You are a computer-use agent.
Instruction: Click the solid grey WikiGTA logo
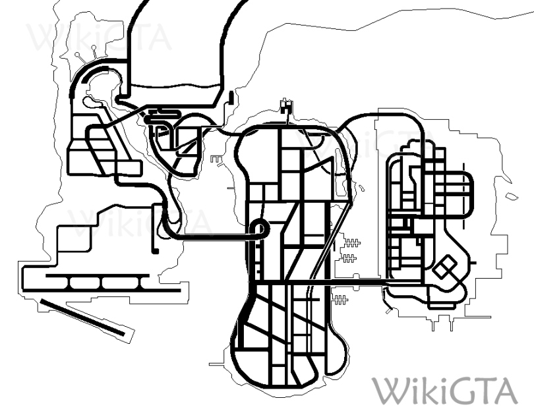[x=444, y=391]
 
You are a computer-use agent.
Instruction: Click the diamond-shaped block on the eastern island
[x=446, y=268]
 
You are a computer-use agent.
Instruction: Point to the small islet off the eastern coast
[x=512, y=196]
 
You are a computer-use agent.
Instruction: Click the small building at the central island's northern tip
[x=285, y=105]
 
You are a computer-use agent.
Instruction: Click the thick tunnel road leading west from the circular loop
[x=211, y=236]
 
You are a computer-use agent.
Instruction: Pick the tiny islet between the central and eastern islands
[x=362, y=189]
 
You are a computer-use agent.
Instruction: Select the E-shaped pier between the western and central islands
[x=216, y=159]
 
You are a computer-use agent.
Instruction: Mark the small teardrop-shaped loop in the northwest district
[x=92, y=102]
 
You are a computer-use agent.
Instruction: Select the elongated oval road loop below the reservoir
[x=161, y=121]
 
